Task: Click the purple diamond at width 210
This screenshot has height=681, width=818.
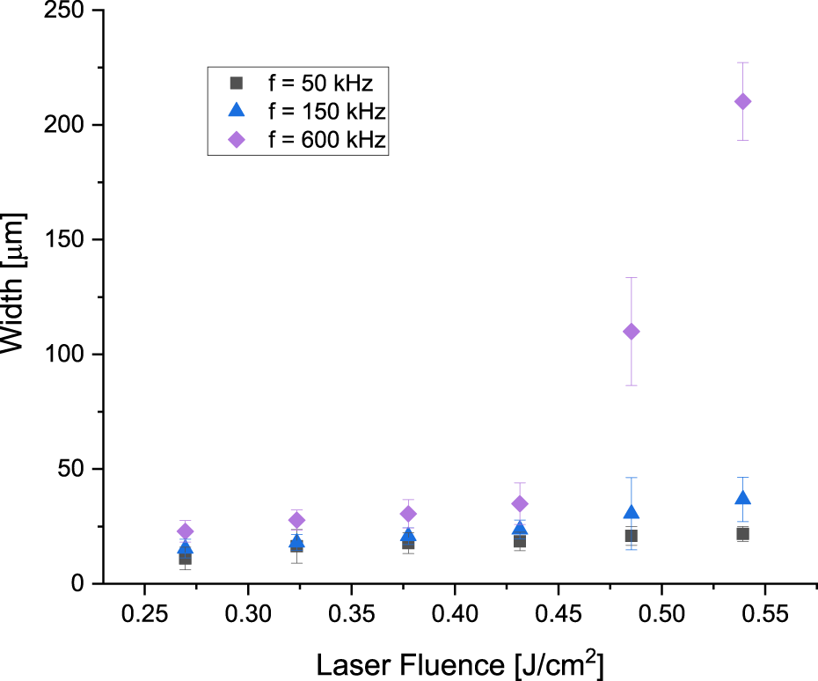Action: (742, 102)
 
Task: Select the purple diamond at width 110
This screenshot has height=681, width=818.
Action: (631, 332)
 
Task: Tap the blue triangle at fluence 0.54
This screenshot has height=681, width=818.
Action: (742, 498)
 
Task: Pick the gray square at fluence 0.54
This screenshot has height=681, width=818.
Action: (742, 534)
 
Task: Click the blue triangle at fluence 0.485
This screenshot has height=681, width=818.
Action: (631, 512)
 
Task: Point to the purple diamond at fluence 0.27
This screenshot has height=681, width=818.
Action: (185, 531)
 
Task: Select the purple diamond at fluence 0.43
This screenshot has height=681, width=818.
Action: (520, 503)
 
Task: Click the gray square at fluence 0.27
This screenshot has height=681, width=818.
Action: (185, 558)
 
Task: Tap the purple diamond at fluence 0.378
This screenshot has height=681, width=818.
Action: (408, 514)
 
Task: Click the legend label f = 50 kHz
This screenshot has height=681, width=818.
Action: (320, 84)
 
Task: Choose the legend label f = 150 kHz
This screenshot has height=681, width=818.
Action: (325, 112)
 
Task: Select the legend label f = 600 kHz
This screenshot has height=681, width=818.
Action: (325, 140)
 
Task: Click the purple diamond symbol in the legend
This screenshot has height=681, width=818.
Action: (236, 140)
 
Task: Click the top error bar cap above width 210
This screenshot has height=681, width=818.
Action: (742, 62)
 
